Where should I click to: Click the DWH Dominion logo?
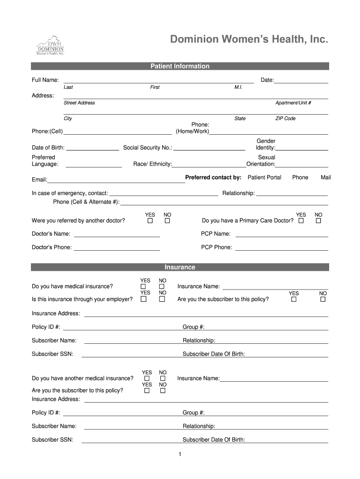tap(50, 45)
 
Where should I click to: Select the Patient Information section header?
tap(180, 66)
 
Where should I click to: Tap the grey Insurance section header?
tap(180, 267)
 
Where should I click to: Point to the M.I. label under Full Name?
tap(238, 87)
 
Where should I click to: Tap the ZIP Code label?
tap(285, 119)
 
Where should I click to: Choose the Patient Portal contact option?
tap(264, 178)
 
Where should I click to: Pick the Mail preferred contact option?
tap(325, 178)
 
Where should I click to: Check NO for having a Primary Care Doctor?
tap(318, 221)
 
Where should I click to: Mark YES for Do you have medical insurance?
tap(144, 287)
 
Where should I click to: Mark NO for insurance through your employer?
tap(162, 299)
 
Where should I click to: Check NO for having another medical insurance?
tap(163, 378)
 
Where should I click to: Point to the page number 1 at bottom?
tap(180, 454)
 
